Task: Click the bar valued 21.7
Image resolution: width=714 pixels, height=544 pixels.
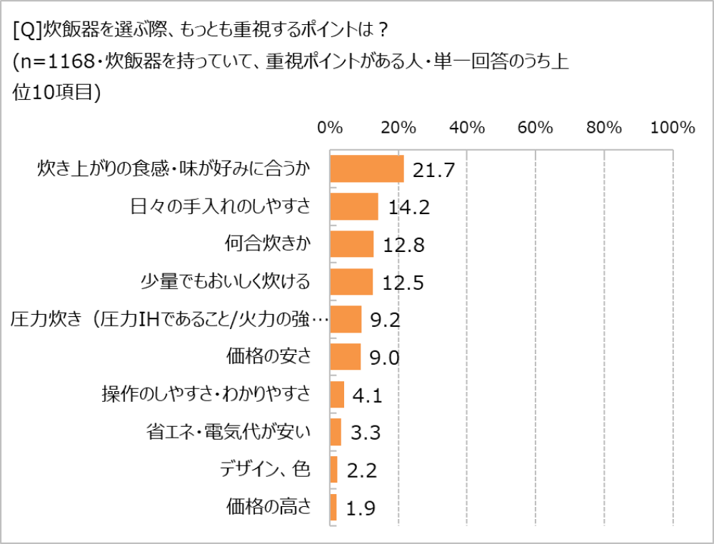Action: pyautogui.click(x=367, y=169)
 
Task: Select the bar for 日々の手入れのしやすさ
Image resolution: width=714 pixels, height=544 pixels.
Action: pyautogui.click(x=354, y=206)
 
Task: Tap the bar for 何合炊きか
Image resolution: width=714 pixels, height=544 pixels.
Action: pyautogui.click(x=352, y=244)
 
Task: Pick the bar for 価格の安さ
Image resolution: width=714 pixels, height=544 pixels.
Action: pyautogui.click(x=346, y=356)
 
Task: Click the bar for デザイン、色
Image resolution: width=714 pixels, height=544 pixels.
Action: pyautogui.click(x=334, y=469)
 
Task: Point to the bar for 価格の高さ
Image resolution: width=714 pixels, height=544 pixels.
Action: pyautogui.click(x=333, y=507)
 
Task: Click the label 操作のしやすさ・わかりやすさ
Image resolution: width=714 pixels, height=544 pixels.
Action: pyautogui.click(x=207, y=394)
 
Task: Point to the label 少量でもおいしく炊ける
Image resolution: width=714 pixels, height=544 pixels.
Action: pyautogui.click(x=226, y=282)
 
